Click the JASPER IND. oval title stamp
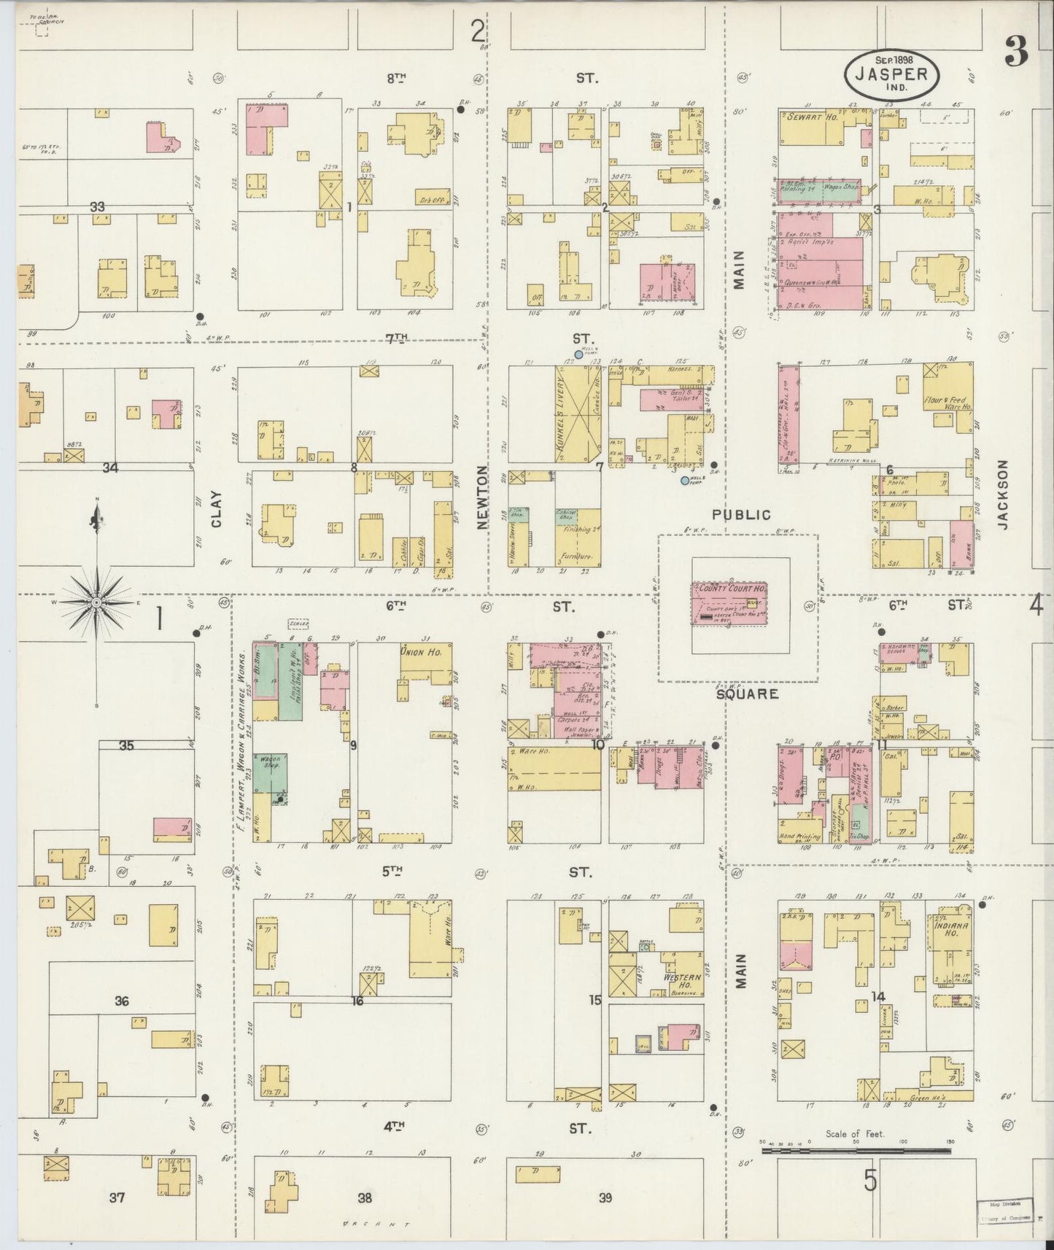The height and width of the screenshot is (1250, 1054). (x=892, y=73)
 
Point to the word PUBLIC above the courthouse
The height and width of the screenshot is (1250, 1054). (x=741, y=515)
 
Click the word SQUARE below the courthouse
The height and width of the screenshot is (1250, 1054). (x=747, y=694)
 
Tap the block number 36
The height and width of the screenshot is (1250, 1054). (x=121, y=1001)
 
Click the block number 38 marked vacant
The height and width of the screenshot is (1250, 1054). (x=365, y=1197)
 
